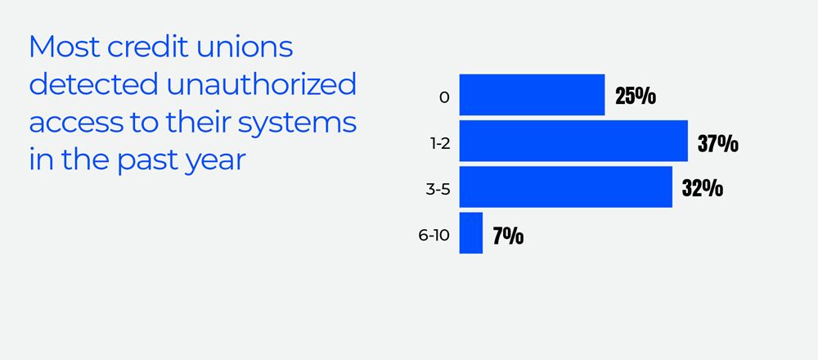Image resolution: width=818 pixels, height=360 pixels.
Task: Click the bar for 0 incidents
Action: point(532,95)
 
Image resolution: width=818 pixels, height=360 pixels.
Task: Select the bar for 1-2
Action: point(573,141)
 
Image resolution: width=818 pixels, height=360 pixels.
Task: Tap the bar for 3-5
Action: point(565,187)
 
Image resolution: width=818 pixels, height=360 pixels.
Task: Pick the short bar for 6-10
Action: point(471,233)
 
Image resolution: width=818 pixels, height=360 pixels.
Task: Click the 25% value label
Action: point(636,97)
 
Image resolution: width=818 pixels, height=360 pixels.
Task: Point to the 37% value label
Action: point(718,143)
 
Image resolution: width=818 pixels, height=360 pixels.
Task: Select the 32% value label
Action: point(703,189)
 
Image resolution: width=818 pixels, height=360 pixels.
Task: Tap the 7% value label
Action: point(508,236)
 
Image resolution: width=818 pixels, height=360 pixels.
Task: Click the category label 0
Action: point(444,97)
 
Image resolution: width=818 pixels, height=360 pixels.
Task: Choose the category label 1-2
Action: point(441,143)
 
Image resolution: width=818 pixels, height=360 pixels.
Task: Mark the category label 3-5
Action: point(438,189)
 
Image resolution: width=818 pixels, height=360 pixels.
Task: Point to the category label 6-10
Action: point(434,236)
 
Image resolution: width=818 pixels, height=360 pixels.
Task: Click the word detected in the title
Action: point(86,85)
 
